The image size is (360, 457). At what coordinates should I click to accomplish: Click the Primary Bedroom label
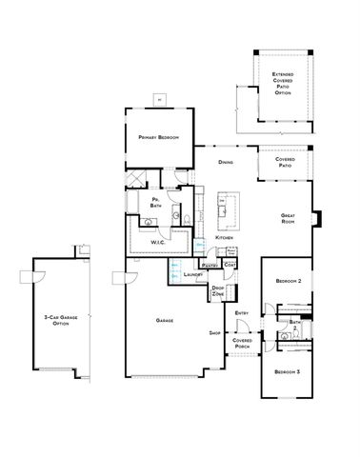click(x=159, y=138)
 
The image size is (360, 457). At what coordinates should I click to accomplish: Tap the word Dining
click(x=225, y=163)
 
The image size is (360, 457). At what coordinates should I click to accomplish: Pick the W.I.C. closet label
click(x=159, y=242)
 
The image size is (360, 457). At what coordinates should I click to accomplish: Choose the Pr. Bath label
click(x=155, y=203)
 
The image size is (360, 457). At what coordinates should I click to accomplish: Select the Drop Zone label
click(x=218, y=290)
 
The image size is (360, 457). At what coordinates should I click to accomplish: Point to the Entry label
click(x=242, y=313)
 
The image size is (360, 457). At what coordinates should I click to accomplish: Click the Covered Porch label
click(x=242, y=342)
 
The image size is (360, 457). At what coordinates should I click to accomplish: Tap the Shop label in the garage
click(x=215, y=334)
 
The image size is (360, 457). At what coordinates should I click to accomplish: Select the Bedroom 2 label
click(x=289, y=282)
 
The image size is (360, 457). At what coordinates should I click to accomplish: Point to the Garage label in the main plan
click(x=164, y=321)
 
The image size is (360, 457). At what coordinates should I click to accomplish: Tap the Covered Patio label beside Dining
click(x=286, y=162)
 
